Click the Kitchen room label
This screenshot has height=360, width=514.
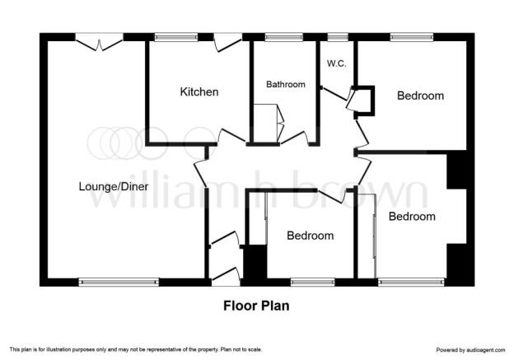199,91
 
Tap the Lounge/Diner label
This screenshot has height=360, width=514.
114,186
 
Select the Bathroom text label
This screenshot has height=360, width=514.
286,84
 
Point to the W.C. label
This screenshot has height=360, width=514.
337,63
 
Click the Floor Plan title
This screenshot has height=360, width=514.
256,306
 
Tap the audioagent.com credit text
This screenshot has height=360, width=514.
470,350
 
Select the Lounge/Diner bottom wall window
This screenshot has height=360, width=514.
119,282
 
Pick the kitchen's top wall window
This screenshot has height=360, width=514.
176,37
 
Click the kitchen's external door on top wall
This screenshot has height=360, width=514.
228,43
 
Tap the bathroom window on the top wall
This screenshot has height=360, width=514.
284,37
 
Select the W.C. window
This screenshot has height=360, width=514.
338,37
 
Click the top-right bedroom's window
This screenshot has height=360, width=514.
412,37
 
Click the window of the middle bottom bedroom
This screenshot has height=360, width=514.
313,282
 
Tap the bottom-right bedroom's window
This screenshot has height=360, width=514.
411,282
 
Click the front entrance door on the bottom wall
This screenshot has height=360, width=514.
226,276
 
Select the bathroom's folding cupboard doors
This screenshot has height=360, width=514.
280,124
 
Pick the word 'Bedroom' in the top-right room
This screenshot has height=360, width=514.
421,96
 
